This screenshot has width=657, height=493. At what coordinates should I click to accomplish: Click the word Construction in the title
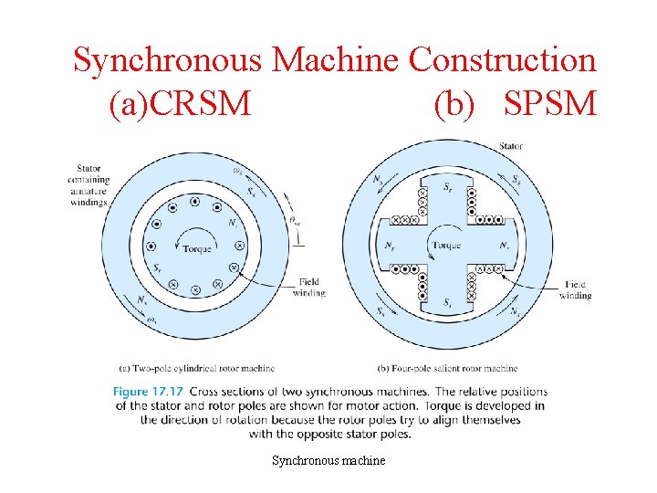point(502,60)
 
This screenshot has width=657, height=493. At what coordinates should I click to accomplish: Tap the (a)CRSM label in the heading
point(179,104)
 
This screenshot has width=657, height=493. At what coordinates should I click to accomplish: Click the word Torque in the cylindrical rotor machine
point(197,248)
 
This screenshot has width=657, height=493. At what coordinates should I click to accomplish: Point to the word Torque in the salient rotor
point(447,246)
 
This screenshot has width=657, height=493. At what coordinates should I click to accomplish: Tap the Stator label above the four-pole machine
point(511,146)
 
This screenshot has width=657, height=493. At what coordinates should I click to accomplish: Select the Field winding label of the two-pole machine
point(308,288)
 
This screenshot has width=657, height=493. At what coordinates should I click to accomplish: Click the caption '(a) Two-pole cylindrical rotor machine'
point(197,369)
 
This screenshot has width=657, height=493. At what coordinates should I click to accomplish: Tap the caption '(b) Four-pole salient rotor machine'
point(447,369)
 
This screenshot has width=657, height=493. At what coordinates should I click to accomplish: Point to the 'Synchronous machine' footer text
point(328,460)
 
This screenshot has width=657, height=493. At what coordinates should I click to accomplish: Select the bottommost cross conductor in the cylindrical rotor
point(195,289)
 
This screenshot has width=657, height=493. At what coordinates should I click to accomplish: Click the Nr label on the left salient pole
point(390,246)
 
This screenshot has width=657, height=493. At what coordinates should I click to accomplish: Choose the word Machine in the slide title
point(335,60)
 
